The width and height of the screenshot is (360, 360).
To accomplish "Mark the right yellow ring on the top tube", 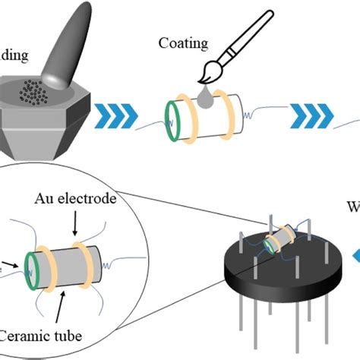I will [223, 118].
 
